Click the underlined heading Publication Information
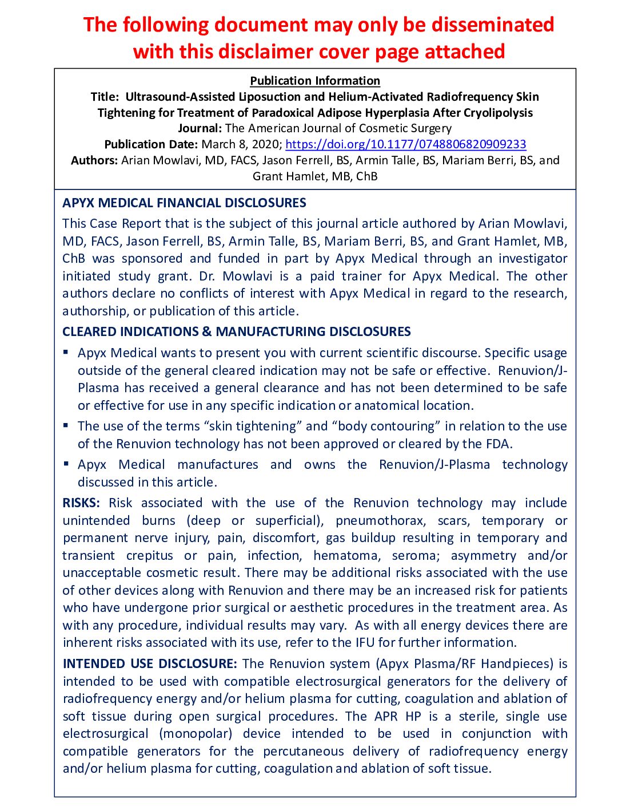pos(315,81)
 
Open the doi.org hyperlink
pos(405,144)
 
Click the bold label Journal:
pos(200,128)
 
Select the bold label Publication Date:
pos(151,144)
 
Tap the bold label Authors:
pos(94,160)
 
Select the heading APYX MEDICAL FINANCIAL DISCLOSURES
pos(184,203)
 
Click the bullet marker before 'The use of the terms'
pos(66,425)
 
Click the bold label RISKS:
pos(81,503)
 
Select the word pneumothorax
pos(380,521)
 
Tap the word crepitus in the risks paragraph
pos(149,556)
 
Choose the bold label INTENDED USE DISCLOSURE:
pos(149,664)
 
